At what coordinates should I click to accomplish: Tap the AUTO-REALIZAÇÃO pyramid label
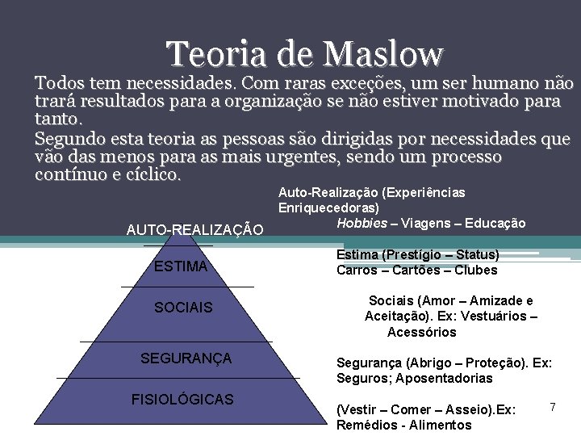(194, 230)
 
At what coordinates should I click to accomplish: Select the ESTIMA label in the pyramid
(181, 267)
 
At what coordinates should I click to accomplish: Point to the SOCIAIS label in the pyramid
(183, 308)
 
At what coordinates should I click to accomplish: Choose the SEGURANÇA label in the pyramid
(186, 358)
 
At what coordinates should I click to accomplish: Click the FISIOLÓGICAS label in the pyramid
(182, 399)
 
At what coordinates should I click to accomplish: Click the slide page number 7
(553, 405)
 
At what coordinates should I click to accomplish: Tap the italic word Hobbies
(362, 224)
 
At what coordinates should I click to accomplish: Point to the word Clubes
(476, 270)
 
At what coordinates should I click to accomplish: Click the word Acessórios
(421, 332)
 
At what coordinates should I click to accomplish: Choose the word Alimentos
(441, 425)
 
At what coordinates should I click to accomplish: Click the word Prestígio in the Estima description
(413, 255)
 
